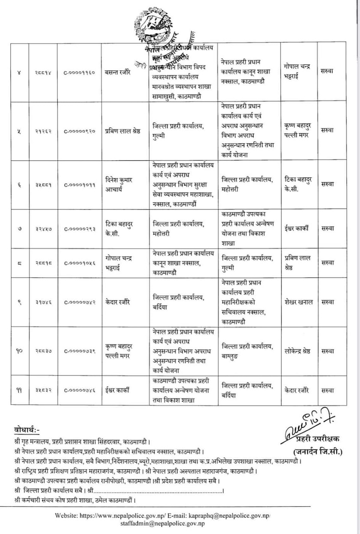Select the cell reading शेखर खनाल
(x=298, y=302)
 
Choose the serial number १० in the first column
(x=20, y=351)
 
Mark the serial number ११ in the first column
(x=20, y=390)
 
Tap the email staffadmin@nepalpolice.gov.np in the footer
(x=175, y=523)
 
